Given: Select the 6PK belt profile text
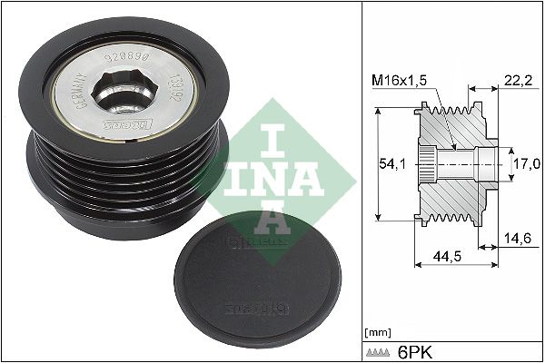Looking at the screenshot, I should [418, 350].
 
